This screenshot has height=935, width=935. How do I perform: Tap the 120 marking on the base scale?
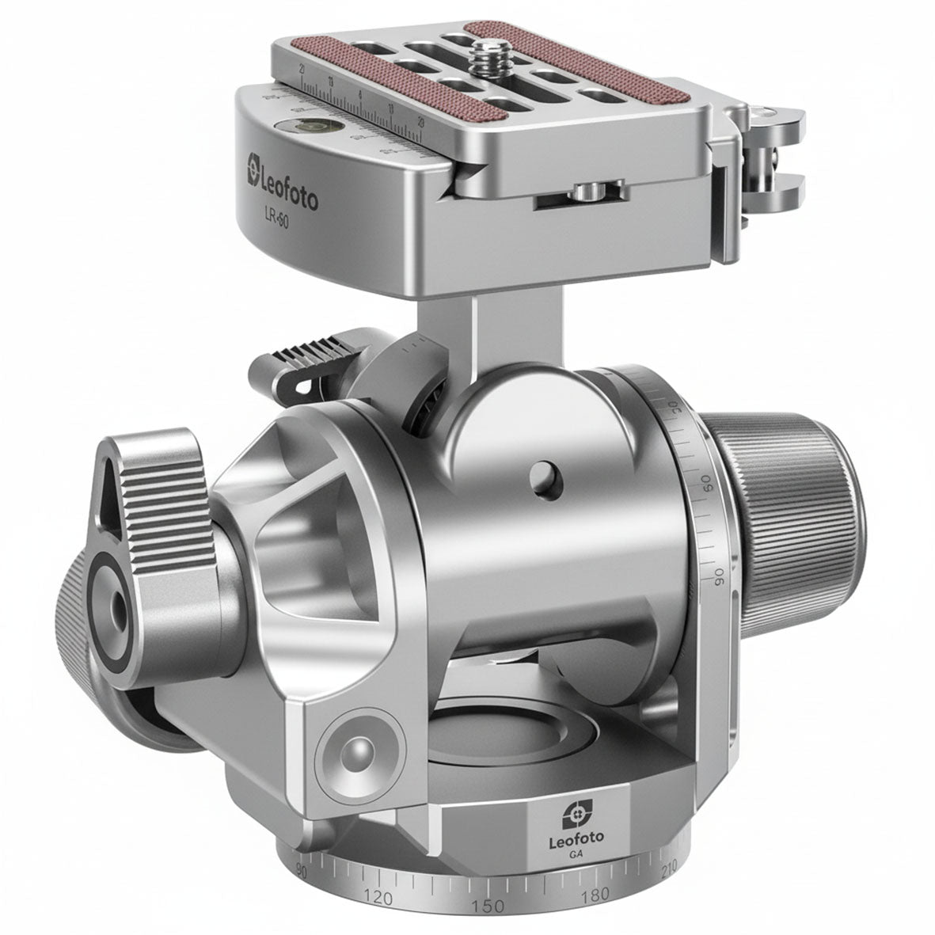[x=378, y=898]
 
